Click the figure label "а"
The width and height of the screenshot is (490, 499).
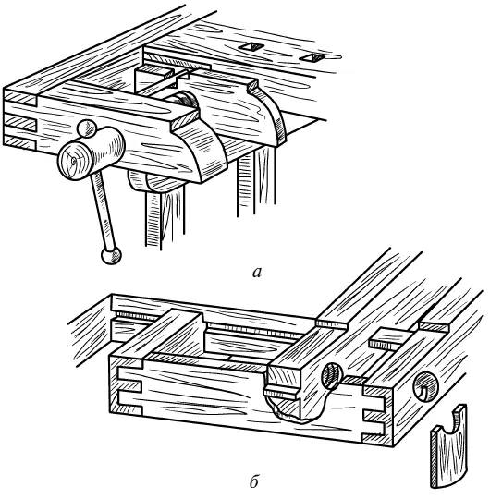click(x=257, y=273)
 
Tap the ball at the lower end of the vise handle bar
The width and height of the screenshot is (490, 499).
click(x=111, y=255)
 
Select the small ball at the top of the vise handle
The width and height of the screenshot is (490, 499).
click(x=86, y=128)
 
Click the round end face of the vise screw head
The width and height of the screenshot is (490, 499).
click(x=75, y=161)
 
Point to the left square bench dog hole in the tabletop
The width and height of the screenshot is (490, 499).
click(x=251, y=47)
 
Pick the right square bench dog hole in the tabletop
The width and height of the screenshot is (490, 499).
click(x=313, y=57)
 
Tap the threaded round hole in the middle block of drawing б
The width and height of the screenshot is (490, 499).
click(x=332, y=376)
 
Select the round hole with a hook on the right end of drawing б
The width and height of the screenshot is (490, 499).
click(x=425, y=386)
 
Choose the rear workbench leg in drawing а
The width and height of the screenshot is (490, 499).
click(x=256, y=181)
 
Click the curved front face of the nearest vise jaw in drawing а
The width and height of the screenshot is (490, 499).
click(x=206, y=150)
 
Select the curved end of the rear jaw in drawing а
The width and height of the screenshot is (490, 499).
click(x=271, y=116)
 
